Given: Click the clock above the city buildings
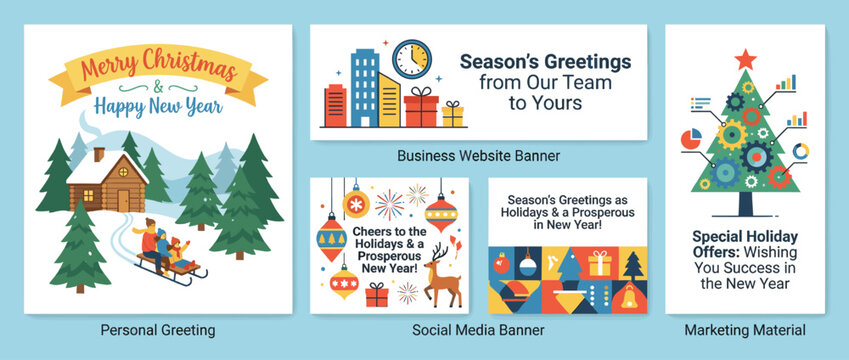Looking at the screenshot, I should click(x=411, y=59).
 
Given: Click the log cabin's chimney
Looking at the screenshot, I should click(x=99, y=155).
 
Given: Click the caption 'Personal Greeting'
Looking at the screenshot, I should click(x=158, y=329).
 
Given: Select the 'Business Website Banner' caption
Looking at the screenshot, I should click(x=478, y=155).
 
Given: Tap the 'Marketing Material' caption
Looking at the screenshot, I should click(x=745, y=329).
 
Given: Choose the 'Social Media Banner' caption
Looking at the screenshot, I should click(x=478, y=329).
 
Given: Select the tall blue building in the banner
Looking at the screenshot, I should click(x=364, y=87).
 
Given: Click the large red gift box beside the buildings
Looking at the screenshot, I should click(x=421, y=107).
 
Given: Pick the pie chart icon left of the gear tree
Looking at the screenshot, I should click(x=691, y=137).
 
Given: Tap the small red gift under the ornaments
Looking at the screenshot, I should click(x=377, y=295).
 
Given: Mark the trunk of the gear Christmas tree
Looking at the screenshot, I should click(x=745, y=203).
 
